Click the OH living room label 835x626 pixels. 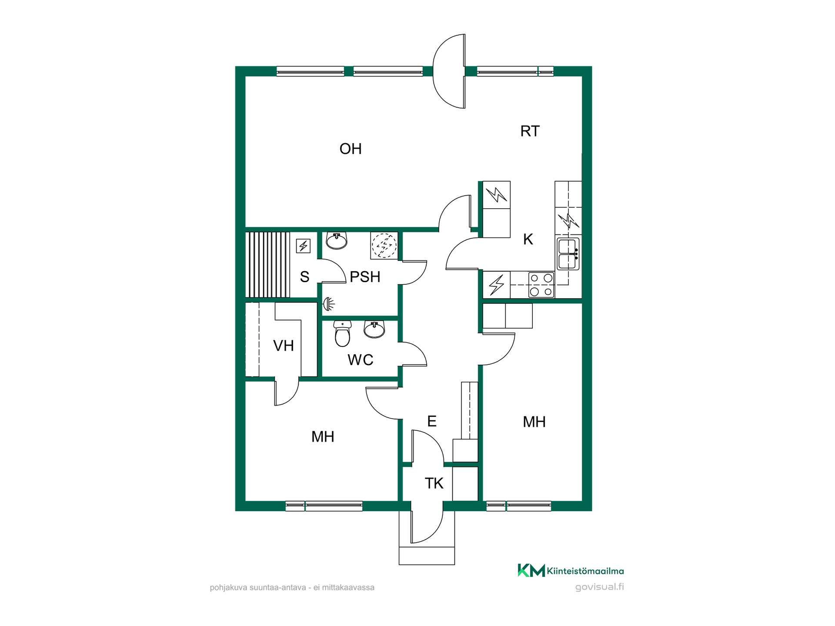click(351, 149)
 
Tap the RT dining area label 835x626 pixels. click(530, 131)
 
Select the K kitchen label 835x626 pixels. click(528, 239)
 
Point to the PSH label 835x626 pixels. click(365, 277)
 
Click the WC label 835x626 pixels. click(361, 360)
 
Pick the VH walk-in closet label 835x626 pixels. click(284, 346)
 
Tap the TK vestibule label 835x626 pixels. click(434, 483)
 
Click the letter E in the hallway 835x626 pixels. click(432, 421)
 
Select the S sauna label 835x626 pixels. click(304, 277)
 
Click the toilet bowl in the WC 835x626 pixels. click(343, 334)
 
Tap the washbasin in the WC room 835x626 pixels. click(374, 329)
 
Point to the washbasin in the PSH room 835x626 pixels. click(337, 240)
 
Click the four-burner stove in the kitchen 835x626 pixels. click(541, 285)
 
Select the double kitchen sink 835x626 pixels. click(568, 253)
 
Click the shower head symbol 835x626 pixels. click(329, 303)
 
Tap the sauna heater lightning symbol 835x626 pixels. click(303, 246)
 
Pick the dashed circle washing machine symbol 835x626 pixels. click(384, 246)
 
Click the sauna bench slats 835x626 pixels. click(267, 265)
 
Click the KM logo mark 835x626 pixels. click(531, 570)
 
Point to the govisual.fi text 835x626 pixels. click(599, 587)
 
